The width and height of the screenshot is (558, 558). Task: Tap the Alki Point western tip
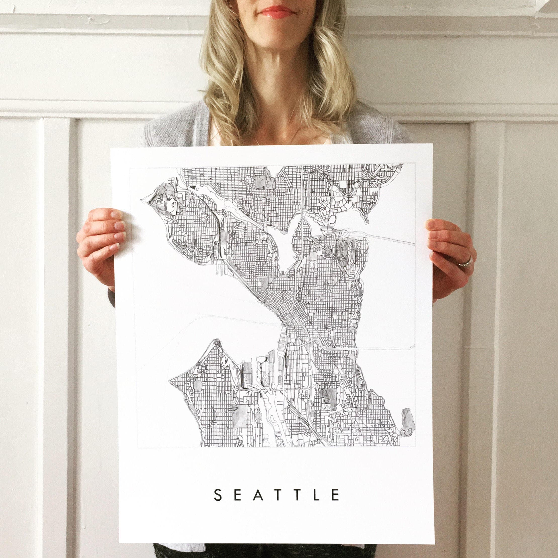[x=170, y=379]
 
